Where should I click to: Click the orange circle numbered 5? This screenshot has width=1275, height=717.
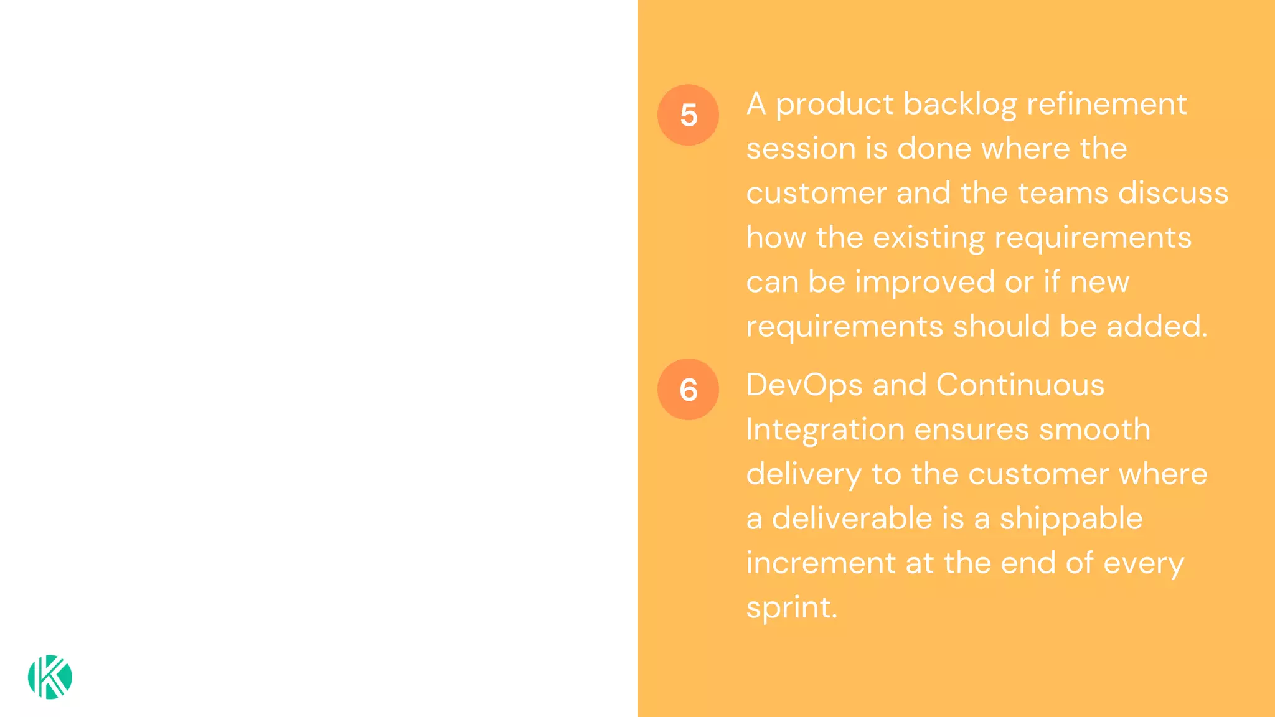point(688,115)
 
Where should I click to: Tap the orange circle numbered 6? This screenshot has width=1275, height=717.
point(688,390)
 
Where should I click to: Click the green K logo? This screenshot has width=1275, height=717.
point(50,677)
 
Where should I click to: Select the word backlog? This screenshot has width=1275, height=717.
point(959,105)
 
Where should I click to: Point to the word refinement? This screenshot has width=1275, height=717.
point(1106,104)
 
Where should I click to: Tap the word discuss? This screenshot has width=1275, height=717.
point(1173,193)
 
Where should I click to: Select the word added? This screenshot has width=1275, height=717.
point(1156,327)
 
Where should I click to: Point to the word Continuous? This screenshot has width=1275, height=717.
point(1020,385)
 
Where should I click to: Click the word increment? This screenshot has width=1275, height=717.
point(821,563)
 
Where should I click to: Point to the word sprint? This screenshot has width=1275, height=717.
point(791,608)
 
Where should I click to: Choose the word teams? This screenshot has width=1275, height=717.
point(1063,193)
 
